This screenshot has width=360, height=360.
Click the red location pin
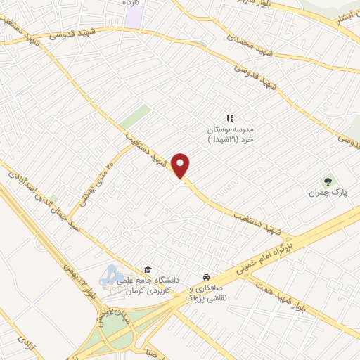tap(181, 165)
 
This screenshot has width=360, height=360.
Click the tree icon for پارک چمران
tap(324, 181)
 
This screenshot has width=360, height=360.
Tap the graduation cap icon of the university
tap(148, 269)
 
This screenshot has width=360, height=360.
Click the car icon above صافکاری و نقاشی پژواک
tap(205, 276)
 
